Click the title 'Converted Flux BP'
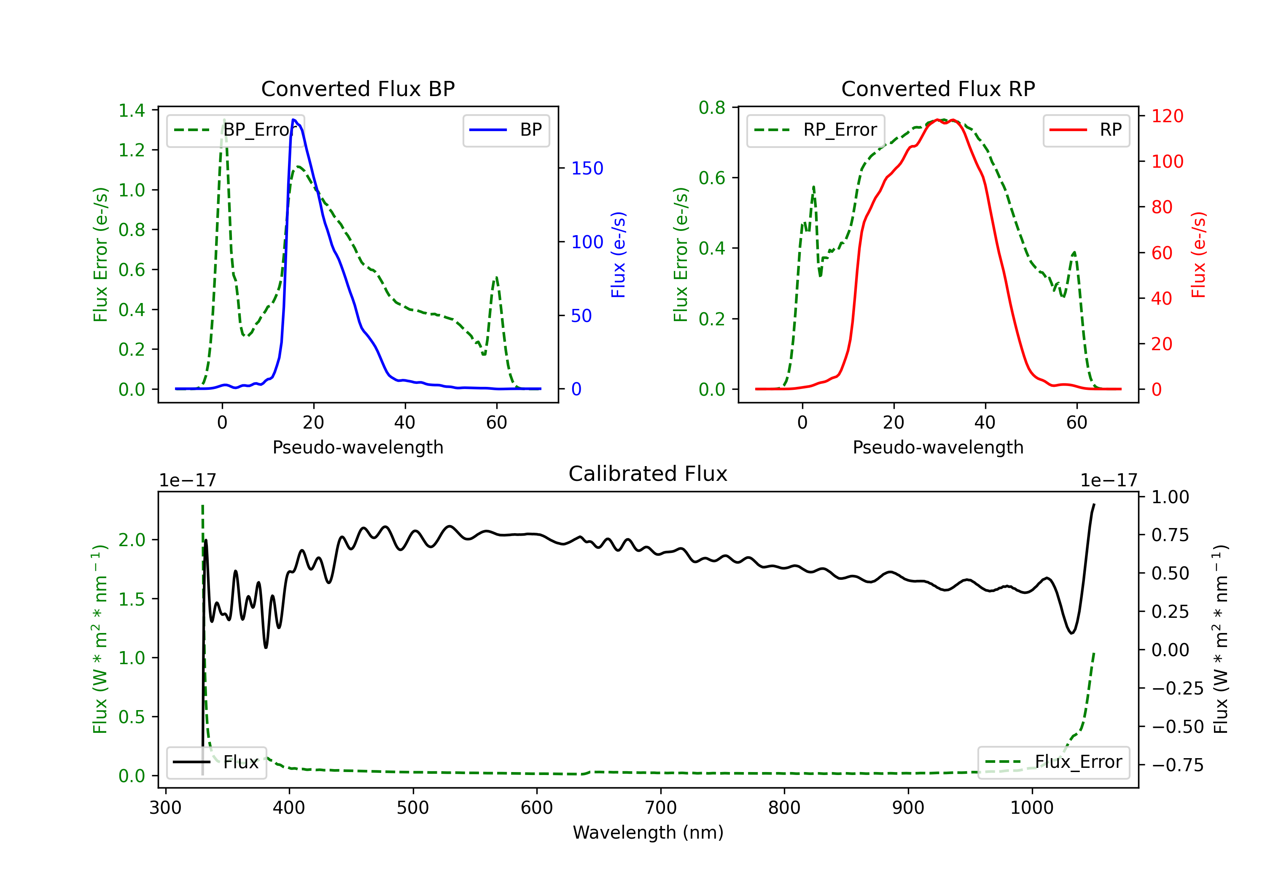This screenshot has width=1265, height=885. [358, 88]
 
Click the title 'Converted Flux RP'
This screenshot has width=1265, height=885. [938, 88]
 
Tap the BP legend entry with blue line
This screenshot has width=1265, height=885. [506, 130]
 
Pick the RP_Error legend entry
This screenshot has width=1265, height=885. [816, 130]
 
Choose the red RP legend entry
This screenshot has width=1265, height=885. [1085, 130]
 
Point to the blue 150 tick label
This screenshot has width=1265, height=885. [587, 168]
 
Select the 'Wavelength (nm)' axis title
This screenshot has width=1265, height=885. [648, 832]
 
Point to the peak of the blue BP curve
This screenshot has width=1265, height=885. [293, 120]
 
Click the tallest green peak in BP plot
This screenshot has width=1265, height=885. [223, 120]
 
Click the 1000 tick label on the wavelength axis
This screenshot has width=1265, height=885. [1031, 807]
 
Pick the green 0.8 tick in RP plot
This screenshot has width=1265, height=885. [712, 107]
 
